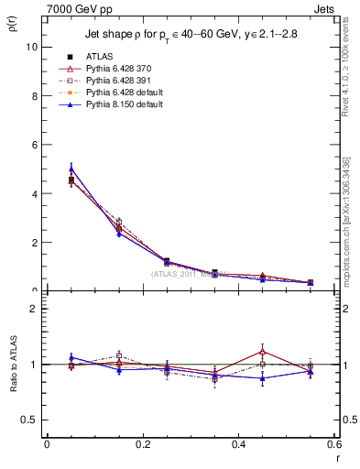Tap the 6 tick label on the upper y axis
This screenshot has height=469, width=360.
[x=35, y=145]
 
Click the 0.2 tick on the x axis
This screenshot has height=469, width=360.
[x=142, y=444]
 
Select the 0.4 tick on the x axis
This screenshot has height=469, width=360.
[x=238, y=444]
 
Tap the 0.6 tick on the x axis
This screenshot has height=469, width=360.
[x=333, y=444]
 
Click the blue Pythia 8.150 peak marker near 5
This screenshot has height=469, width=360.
[x=71, y=169]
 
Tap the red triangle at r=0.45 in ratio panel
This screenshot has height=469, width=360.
[x=263, y=352]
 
